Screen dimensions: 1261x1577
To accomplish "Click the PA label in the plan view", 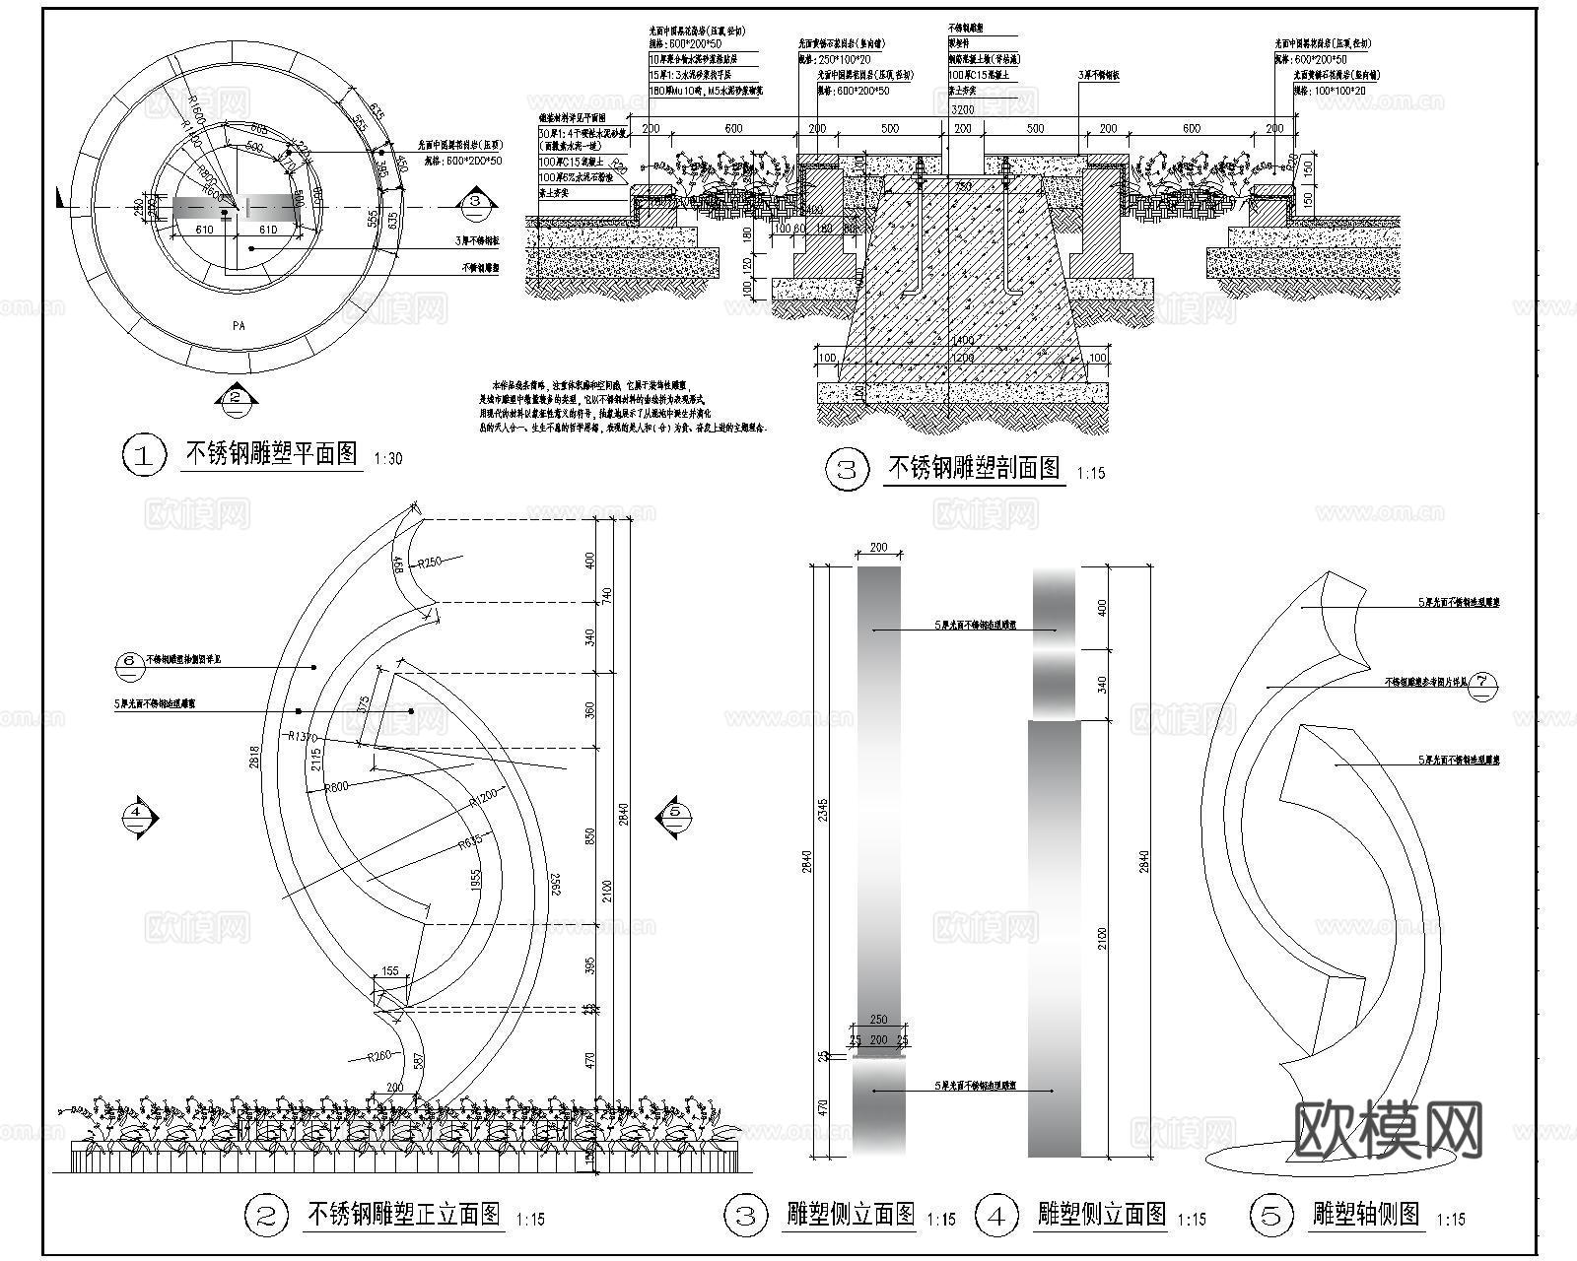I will pos(239,324).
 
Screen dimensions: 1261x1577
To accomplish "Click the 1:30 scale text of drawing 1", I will pos(388,458).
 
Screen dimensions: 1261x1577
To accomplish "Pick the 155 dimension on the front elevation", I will pos(390,971).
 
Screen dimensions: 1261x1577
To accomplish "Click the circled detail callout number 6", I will pos(130,661).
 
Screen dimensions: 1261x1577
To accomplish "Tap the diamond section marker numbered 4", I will pos(138,814).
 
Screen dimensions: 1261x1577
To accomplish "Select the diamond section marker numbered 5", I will pos(674,813).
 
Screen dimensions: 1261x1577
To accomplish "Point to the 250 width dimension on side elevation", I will pos(878,1020).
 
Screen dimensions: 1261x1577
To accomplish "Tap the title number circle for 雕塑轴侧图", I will pos(1270,1216).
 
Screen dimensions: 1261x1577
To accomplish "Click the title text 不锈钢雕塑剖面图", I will pos(974,467).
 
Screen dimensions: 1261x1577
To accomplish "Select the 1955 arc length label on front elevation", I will pos(475,880).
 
